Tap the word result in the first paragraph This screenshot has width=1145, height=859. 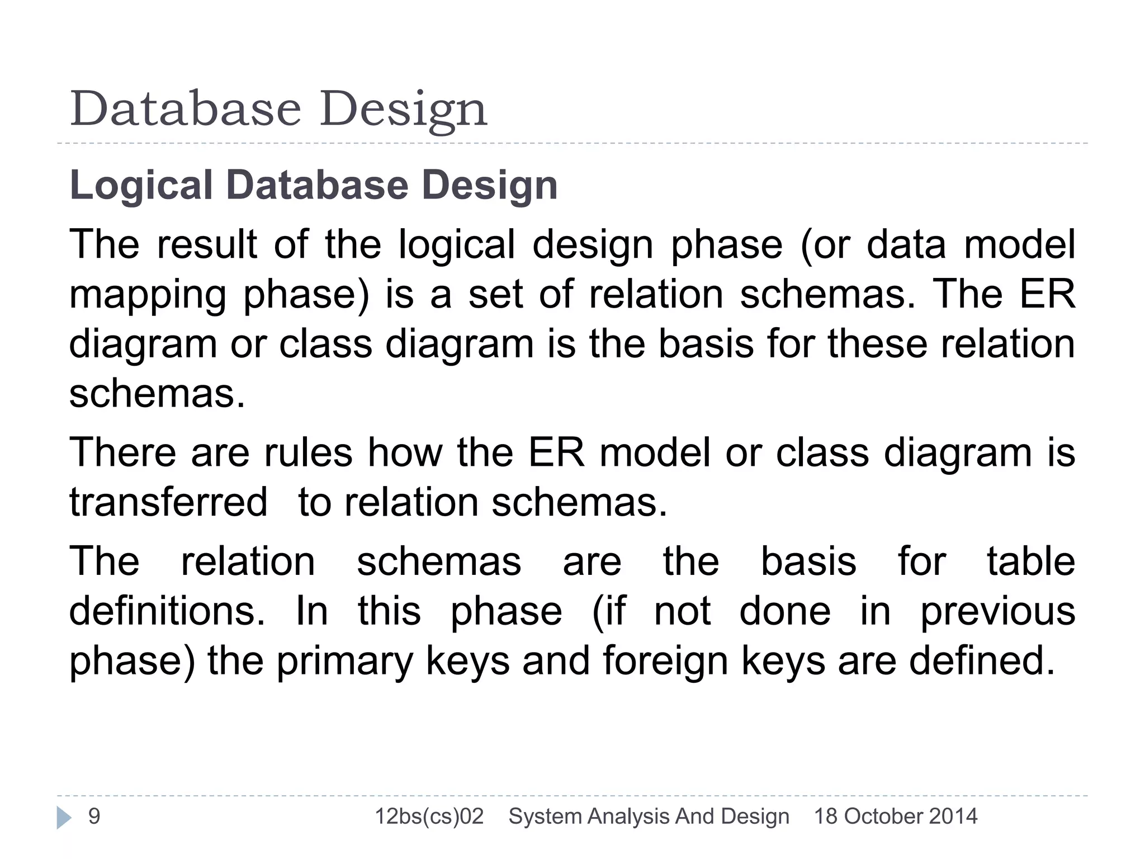(x=206, y=244)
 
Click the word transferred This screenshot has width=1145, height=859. (x=168, y=502)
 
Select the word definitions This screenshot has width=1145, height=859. (x=167, y=611)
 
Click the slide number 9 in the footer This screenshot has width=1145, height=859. (x=94, y=816)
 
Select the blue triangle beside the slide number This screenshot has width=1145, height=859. (x=64, y=818)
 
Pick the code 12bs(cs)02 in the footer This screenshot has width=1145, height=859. (x=429, y=817)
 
